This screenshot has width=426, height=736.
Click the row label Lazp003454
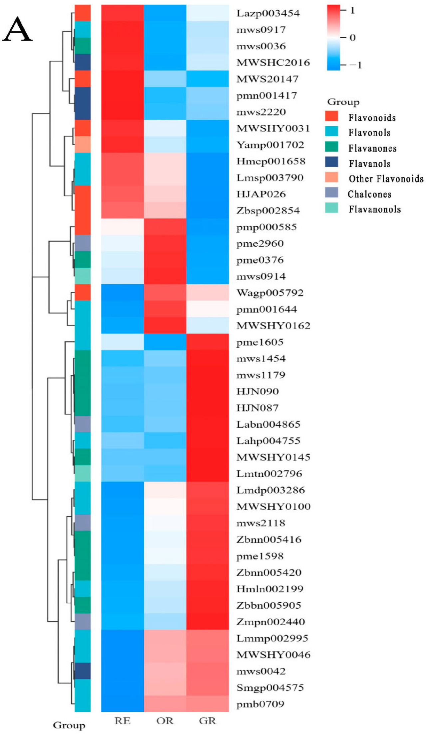(268, 13)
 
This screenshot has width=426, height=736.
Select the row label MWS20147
(267, 79)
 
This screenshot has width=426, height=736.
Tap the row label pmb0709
(260, 704)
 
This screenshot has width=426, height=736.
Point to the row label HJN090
(257, 392)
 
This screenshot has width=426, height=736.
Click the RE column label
(122, 721)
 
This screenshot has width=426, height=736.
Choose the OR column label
(165, 721)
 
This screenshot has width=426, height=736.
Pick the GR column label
(208, 721)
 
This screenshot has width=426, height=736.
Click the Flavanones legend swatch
(331, 147)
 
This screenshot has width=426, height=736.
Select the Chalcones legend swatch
(331, 192)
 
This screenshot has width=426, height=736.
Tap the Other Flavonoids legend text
(386, 179)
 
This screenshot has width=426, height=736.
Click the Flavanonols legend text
(375, 209)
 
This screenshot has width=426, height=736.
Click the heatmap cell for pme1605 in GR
(208, 342)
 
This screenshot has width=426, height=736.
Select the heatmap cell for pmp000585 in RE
(122, 227)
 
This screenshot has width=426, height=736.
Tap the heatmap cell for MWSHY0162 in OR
(165, 325)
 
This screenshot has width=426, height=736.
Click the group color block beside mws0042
(83, 671)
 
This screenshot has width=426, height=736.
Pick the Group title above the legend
(343, 102)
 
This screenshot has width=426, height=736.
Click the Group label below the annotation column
(69, 725)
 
